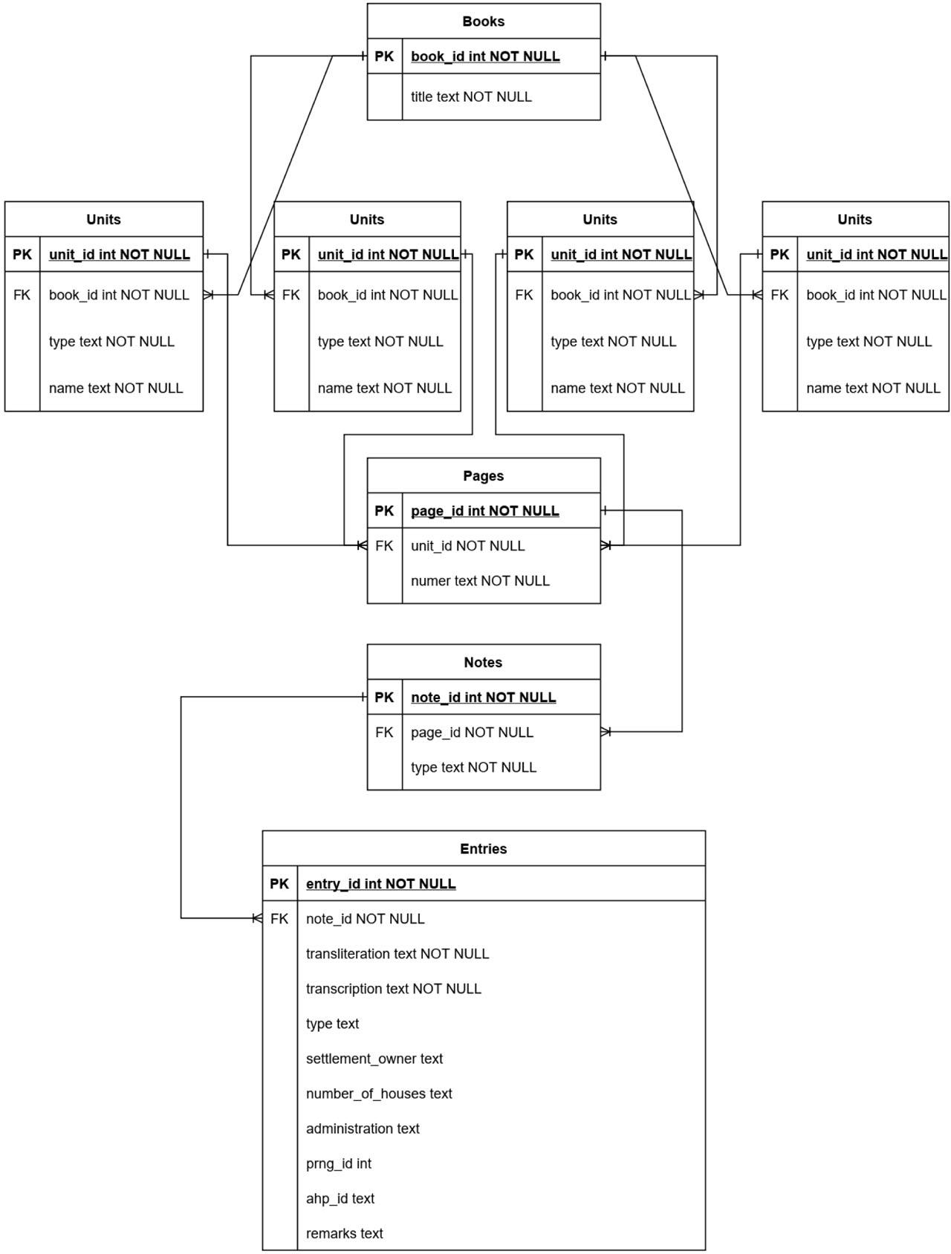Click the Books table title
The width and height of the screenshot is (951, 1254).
pyautogui.click(x=483, y=22)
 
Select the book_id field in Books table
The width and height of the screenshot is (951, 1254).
pyautogui.click(x=485, y=56)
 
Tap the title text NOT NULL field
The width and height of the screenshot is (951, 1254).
pyautogui.click(x=471, y=97)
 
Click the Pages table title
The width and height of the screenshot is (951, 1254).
pyautogui.click(x=483, y=476)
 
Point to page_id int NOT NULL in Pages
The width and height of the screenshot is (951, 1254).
pyautogui.click(x=484, y=511)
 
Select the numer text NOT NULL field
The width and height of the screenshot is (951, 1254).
pyautogui.click(x=480, y=581)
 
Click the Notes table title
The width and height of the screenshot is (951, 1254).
pyautogui.click(x=483, y=663)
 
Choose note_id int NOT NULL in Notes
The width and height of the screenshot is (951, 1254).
pyautogui.click(x=483, y=698)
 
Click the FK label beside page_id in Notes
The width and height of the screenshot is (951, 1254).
pyautogui.click(x=384, y=732)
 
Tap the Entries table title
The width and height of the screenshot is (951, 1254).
pyautogui.click(x=483, y=849)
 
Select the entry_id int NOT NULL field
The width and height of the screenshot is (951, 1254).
pyautogui.click(x=380, y=884)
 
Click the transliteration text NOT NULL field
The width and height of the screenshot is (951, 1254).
pyautogui.click(x=397, y=954)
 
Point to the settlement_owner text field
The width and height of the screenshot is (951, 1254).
pyautogui.click(x=374, y=1059)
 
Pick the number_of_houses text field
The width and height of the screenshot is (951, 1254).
pyautogui.click(x=379, y=1094)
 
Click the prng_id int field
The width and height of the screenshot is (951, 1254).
pyautogui.click(x=339, y=1163)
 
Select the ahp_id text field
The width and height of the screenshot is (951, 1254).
pyautogui.click(x=340, y=1198)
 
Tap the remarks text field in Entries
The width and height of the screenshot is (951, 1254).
pyautogui.click(x=345, y=1233)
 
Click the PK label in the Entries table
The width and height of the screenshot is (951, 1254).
pyautogui.click(x=279, y=884)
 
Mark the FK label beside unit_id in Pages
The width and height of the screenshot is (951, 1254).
pyautogui.click(x=384, y=546)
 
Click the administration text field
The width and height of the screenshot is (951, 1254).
pyautogui.click(x=363, y=1128)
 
